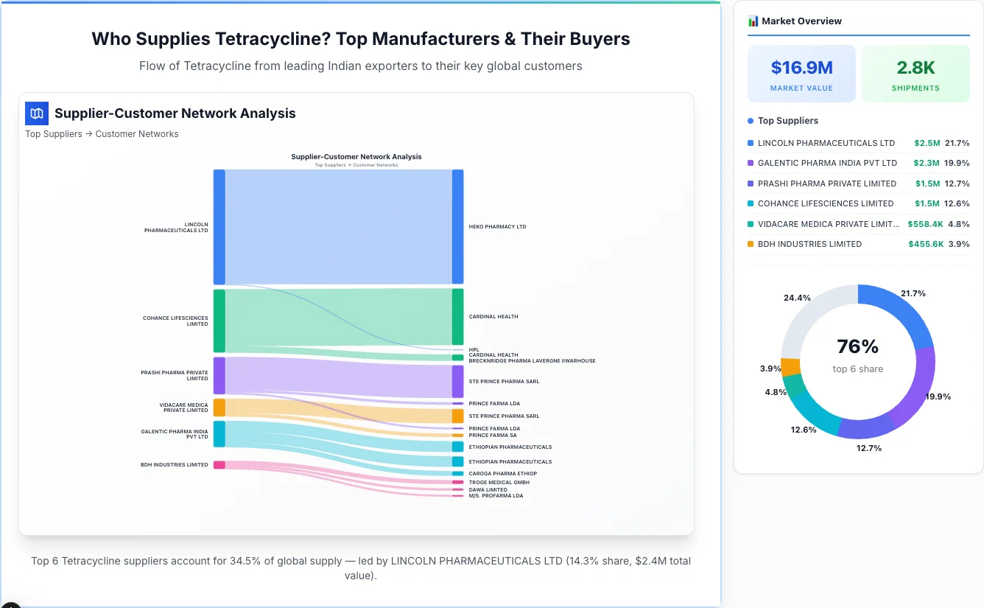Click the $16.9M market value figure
pyautogui.click(x=801, y=68)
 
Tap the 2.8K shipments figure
pyautogui.click(x=916, y=68)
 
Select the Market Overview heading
pyautogui.click(x=801, y=21)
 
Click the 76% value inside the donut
pyautogui.click(x=858, y=346)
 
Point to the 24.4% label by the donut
pyautogui.click(x=797, y=298)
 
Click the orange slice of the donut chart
pyautogui.click(x=790, y=367)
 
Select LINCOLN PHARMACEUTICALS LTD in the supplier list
pyautogui.click(x=826, y=143)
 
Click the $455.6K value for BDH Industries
pyautogui.click(x=926, y=244)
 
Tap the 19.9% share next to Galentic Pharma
pyautogui.click(x=957, y=163)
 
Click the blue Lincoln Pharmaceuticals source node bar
pyautogui.click(x=219, y=226)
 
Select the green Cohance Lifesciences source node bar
pyautogui.click(x=219, y=321)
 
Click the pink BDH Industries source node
pyautogui.click(x=219, y=465)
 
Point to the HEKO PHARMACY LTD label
pyautogui.click(x=497, y=227)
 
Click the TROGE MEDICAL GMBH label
pyautogui.click(x=499, y=483)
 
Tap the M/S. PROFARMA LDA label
pyautogui.click(x=496, y=496)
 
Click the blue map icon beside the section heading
pyautogui.click(x=37, y=113)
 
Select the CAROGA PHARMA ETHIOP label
pyautogui.click(x=502, y=474)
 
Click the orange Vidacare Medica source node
pyautogui.click(x=219, y=408)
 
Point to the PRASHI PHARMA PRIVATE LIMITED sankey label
pyautogui.click(x=175, y=376)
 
